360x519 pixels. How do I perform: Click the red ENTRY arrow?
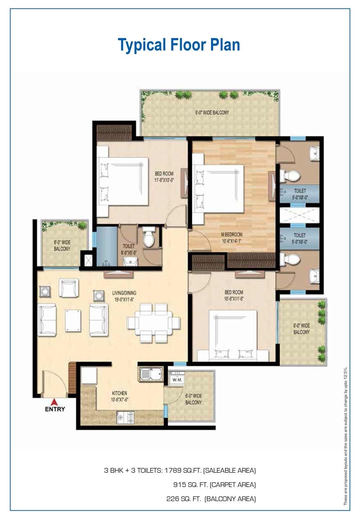click(54, 401)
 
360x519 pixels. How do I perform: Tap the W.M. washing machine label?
click(176, 380)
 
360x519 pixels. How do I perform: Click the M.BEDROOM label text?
click(231, 235)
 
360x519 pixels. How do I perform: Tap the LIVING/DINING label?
click(124, 293)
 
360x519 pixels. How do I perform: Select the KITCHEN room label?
click(119, 393)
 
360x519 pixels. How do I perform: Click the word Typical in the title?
click(142, 45)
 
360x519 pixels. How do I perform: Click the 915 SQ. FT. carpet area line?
click(214, 485)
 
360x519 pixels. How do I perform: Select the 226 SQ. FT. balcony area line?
click(211, 499)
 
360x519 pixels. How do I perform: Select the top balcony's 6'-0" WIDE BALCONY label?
click(212, 113)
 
